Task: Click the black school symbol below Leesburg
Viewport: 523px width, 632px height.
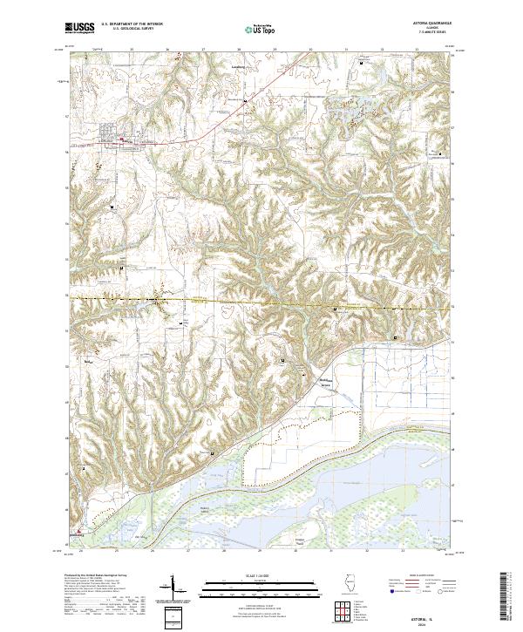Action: pyautogui.click(x=246, y=101)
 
